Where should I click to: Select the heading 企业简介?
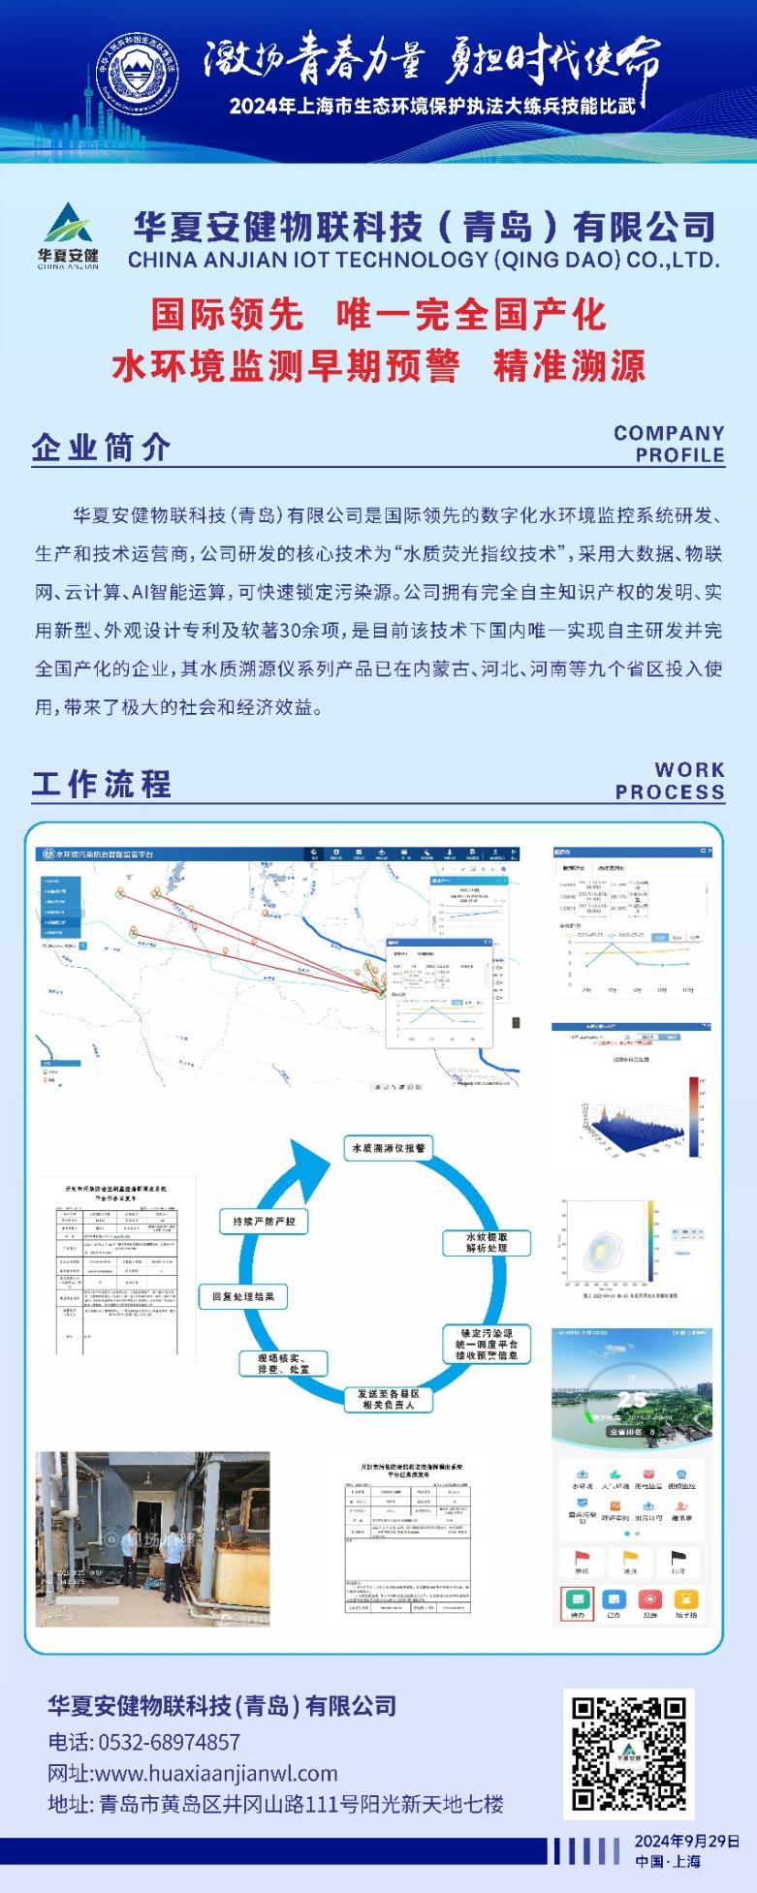pyautogui.click(x=102, y=447)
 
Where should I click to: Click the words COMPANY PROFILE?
pyautogui.click(x=669, y=444)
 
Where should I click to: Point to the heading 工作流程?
pyautogui.click(x=102, y=783)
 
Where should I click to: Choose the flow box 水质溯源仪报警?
pyautogui.click(x=388, y=1148)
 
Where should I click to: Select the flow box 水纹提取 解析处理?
pyautogui.click(x=486, y=1243)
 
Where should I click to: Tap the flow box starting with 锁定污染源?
pyautogui.click(x=486, y=1345)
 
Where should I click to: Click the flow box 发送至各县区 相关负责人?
pyautogui.click(x=388, y=1399)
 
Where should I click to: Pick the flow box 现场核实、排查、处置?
pyautogui.click(x=284, y=1363)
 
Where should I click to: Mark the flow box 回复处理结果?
pyautogui.click(x=243, y=1296)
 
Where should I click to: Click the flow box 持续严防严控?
pyautogui.click(x=264, y=1222)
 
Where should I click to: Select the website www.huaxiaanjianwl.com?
pyautogui.click(x=216, y=1773)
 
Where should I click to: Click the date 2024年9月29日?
pyautogui.click(x=687, y=1841)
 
